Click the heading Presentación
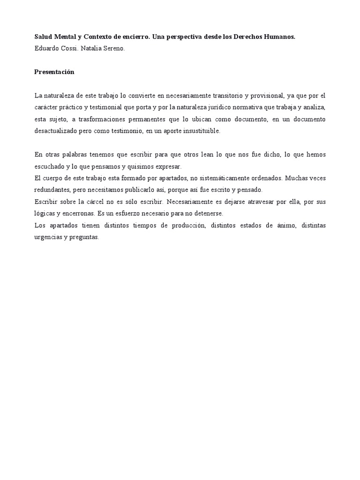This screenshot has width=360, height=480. click(x=54, y=72)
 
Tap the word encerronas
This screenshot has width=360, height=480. click(x=77, y=213)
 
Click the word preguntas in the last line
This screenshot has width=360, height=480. click(x=84, y=237)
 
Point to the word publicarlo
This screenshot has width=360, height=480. click(x=135, y=190)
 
